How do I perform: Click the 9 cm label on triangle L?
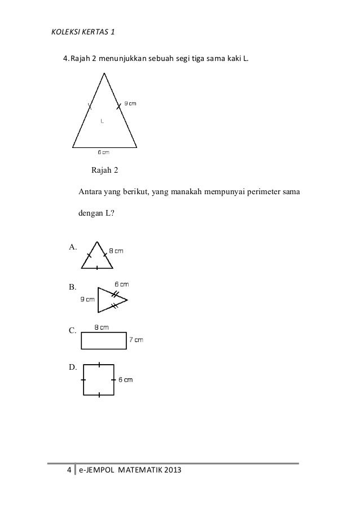tap(130, 103)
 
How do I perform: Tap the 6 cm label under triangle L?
tap(103, 151)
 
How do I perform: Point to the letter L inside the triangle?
tap(102, 120)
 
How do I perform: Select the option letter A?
tap(73, 247)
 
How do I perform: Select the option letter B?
tap(73, 287)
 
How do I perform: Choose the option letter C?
tap(73, 330)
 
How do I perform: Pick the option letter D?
tap(73, 367)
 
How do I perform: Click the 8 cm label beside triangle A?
tap(116, 250)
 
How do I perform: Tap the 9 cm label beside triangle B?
tap(87, 300)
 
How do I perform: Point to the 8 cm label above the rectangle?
tap(102, 327)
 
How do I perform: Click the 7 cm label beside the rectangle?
tap(136, 340)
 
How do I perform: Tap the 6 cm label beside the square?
tap(125, 380)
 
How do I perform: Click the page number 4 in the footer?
tap(69, 470)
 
